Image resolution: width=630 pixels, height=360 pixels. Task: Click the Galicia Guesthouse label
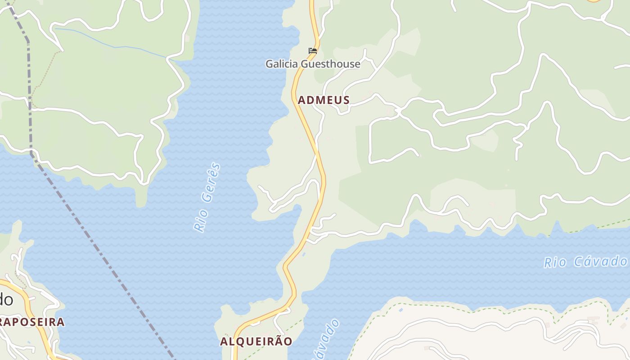click(x=313, y=64)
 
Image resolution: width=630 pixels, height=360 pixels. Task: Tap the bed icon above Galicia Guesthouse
click(x=313, y=51)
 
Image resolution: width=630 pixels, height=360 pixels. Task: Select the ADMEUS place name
click(x=324, y=100)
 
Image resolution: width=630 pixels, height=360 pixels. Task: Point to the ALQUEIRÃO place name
click(x=256, y=341)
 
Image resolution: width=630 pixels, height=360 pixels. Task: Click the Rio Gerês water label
click(x=207, y=198)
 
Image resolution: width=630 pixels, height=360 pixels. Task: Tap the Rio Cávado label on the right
click(x=585, y=261)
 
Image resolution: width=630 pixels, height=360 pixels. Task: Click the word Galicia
click(x=282, y=64)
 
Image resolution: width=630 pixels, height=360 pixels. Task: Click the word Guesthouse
click(x=330, y=64)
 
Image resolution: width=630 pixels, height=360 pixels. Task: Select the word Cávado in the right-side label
click(x=601, y=261)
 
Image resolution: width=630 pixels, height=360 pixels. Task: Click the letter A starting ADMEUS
click(x=301, y=100)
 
